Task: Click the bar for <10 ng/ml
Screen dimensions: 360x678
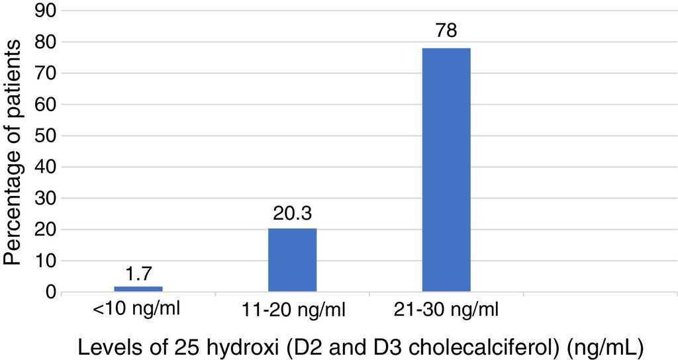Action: point(138,289)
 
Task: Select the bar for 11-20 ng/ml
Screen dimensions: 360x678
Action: point(292,260)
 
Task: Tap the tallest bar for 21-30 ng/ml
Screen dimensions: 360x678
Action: point(446,170)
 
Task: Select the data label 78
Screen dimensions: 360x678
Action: point(446,32)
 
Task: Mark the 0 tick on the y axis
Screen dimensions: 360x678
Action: point(50,292)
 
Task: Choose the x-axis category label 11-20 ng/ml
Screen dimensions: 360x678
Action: point(292,310)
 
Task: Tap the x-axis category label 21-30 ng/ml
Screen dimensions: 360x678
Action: point(446,310)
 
